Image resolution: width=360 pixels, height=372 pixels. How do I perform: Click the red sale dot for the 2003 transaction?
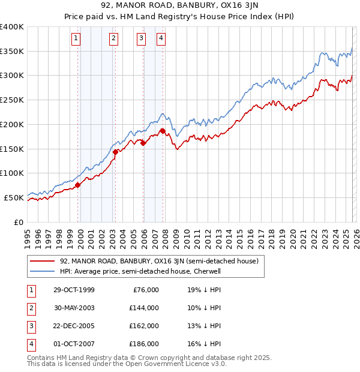tap(115, 152)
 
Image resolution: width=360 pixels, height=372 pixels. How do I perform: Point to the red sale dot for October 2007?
tap(162, 131)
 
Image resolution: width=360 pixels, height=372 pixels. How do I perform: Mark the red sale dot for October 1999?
tap(78, 185)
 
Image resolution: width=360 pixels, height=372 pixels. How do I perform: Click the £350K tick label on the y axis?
tap(12, 52)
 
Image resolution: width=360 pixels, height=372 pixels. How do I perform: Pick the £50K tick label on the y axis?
tap(14, 197)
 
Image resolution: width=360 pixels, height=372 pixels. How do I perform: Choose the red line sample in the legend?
tap(42, 261)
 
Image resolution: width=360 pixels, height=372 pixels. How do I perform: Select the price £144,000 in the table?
tap(144, 308)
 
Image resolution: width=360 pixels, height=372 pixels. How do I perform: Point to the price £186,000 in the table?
tap(144, 344)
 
